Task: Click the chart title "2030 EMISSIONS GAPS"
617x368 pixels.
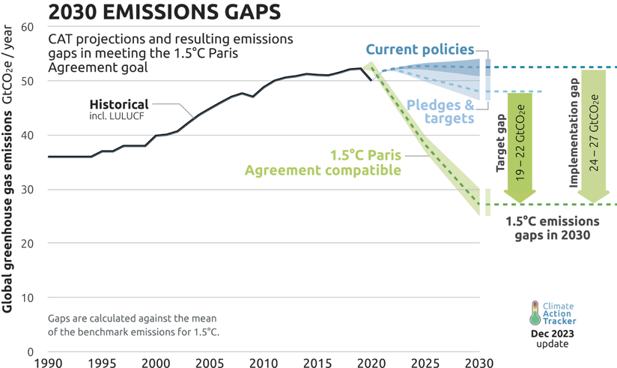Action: click(165, 12)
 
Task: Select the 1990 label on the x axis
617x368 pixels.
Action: click(49, 361)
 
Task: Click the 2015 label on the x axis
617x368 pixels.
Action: click(317, 361)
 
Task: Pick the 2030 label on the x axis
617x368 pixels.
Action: click(478, 361)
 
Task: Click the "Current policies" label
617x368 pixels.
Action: click(420, 50)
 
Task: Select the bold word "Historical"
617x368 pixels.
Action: click(119, 104)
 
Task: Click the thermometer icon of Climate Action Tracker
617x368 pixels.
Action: click(535, 313)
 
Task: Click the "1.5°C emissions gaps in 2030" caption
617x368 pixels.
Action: click(552, 228)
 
